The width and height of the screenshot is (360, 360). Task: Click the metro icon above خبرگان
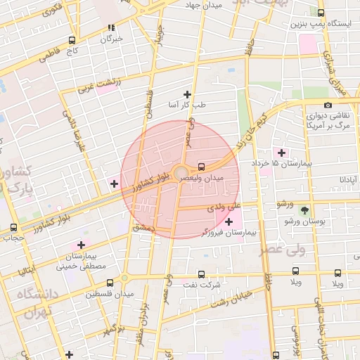110,28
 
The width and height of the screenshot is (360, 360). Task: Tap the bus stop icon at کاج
72,40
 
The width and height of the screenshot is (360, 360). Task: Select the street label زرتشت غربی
98,86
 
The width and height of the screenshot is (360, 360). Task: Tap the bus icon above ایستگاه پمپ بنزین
321,13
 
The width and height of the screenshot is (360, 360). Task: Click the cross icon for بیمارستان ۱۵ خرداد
282,153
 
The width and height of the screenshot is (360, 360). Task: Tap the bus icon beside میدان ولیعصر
202,167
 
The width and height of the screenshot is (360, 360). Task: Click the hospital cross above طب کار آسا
187,94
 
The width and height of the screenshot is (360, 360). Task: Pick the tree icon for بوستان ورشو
304,210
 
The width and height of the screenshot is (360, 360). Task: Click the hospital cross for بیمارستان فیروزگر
229,221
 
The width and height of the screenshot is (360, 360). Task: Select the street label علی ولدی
224,207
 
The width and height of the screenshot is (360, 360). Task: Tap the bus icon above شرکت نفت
202,274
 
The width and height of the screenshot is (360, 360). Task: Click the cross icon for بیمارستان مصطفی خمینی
81,245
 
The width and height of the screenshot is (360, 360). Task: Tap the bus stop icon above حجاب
13,227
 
